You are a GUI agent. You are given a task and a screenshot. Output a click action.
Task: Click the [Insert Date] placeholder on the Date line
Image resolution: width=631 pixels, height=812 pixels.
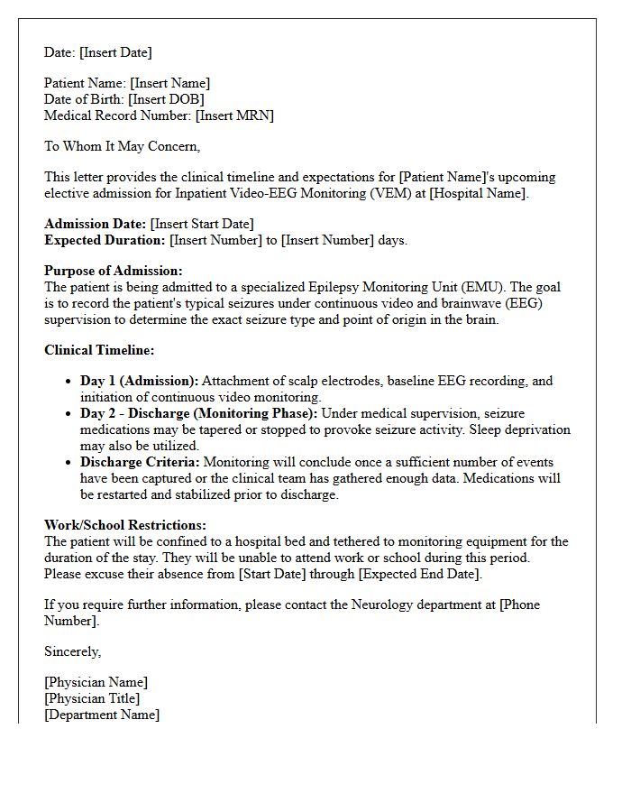click(x=115, y=52)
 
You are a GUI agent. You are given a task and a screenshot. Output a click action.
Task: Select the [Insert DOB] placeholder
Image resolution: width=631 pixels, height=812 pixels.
click(x=166, y=99)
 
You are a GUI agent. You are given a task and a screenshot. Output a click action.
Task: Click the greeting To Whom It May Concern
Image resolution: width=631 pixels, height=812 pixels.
click(x=122, y=146)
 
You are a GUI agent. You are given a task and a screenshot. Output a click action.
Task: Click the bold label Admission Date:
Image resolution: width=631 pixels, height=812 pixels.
click(x=96, y=224)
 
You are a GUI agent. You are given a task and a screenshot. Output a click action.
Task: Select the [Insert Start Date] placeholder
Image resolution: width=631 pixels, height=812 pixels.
click(x=202, y=224)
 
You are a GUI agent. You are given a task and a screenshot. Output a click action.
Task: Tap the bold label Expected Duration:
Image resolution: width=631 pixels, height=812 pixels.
click(x=105, y=240)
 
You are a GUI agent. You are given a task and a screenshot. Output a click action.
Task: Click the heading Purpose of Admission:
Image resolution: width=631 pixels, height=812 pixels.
click(x=114, y=271)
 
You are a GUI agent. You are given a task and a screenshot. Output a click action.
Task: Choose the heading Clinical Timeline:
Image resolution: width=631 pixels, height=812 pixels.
click(x=99, y=350)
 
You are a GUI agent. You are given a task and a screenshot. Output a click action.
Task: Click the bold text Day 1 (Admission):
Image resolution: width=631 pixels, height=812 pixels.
click(x=139, y=381)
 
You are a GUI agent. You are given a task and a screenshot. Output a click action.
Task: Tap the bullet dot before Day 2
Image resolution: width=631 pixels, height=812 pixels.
click(x=69, y=413)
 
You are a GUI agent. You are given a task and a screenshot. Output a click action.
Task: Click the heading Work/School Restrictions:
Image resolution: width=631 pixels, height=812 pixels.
click(x=125, y=525)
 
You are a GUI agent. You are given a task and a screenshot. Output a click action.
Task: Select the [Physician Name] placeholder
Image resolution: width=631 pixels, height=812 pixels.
click(x=96, y=682)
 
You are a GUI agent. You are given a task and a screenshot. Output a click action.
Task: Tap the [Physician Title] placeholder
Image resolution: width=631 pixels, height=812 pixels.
click(x=92, y=698)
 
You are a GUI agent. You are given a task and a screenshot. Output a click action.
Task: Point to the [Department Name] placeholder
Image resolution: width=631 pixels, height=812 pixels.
click(x=102, y=715)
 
